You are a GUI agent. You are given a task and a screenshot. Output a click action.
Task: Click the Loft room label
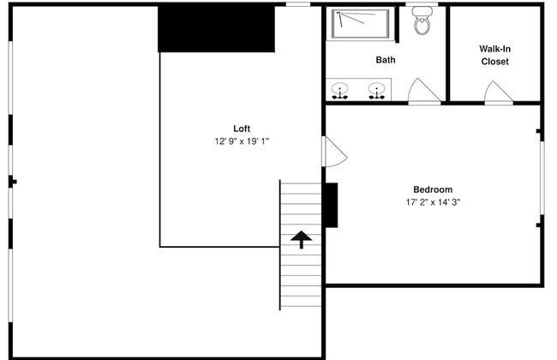click(242, 129)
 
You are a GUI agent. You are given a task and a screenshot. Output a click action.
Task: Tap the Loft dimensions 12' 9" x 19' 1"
click(242, 141)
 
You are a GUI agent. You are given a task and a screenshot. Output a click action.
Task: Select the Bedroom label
click(433, 189)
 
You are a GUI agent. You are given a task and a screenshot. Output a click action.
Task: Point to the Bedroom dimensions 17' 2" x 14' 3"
click(433, 202)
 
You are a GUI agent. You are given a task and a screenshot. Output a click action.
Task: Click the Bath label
click(386, 60)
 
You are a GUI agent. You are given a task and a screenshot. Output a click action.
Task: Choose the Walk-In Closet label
click(494, 55)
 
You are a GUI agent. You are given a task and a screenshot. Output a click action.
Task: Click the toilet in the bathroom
click(422, 21)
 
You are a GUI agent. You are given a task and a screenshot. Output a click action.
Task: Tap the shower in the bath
click(360, 24)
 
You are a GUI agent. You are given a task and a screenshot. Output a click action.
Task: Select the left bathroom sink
click(340, 90)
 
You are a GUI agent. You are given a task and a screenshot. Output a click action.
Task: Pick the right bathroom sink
click(376, 90)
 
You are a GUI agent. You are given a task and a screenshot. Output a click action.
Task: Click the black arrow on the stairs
click(302, 239)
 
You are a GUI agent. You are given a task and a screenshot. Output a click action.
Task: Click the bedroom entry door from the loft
click(334, 152)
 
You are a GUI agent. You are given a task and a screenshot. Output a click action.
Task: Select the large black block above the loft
click(216, 29)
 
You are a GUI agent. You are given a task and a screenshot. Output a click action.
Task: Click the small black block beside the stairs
click(331, 205)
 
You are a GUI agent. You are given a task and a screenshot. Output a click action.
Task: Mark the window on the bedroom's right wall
click(542, 177)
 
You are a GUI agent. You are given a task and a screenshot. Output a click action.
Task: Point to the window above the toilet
click(422, 4)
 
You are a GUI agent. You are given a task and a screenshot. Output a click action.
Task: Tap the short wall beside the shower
click(397, 24)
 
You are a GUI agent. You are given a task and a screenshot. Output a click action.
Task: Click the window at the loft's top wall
click(298, 4)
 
